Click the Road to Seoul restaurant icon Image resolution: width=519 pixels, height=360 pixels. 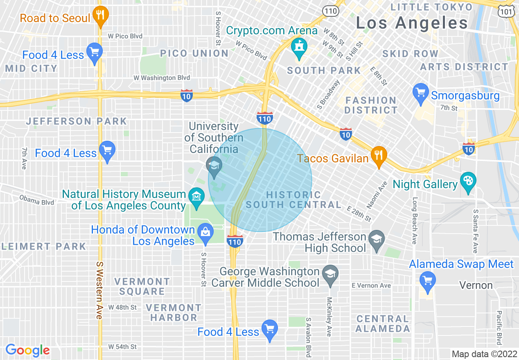(x=99, y=15)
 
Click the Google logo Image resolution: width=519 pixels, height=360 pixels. (x=28, y=350)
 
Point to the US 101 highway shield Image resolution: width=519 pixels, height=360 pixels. (x=506, y=11)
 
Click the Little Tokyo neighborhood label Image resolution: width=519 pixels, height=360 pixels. (x=431, y=7)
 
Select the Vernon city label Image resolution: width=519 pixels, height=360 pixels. (x=476, y=285)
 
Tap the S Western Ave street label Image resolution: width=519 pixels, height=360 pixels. (x=99, y=290)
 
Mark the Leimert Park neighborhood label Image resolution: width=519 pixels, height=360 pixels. (x=43, y=246)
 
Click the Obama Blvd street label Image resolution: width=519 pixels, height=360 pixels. (x=36, y=201)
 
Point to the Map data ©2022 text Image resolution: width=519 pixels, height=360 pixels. (x=484, y=354)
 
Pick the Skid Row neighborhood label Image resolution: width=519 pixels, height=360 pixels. (x=410, y=54)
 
